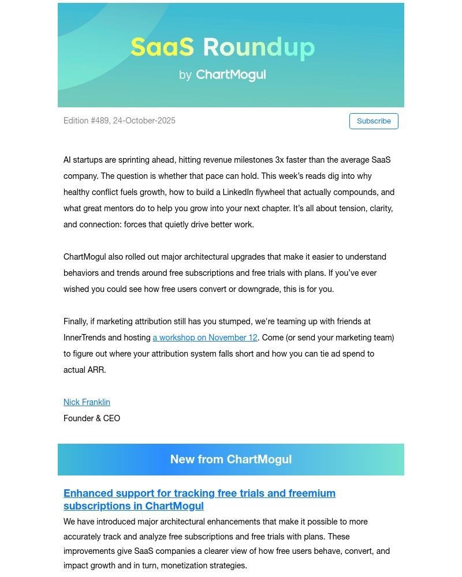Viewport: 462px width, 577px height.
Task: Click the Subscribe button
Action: pos(374,121)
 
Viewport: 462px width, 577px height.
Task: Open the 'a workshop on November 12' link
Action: pos(205,338)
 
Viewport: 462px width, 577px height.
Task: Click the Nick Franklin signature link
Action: pos(87,402)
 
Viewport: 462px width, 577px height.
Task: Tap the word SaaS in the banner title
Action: pos(162,47)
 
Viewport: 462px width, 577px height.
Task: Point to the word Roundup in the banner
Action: pos(259,47)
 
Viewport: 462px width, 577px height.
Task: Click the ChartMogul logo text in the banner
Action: pos(231,75)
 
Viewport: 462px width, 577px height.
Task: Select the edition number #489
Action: pos(100,121)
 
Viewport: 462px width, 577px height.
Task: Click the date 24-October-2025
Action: pos(144,121)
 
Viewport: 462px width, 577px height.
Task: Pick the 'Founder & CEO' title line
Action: pos(92,418)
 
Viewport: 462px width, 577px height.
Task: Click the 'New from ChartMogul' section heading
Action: pos(231,459)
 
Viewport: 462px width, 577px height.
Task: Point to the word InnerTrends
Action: pos(85,338)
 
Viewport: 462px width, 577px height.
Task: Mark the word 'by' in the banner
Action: pos(185,75)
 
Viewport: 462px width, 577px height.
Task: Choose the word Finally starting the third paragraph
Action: pos(77,321)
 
